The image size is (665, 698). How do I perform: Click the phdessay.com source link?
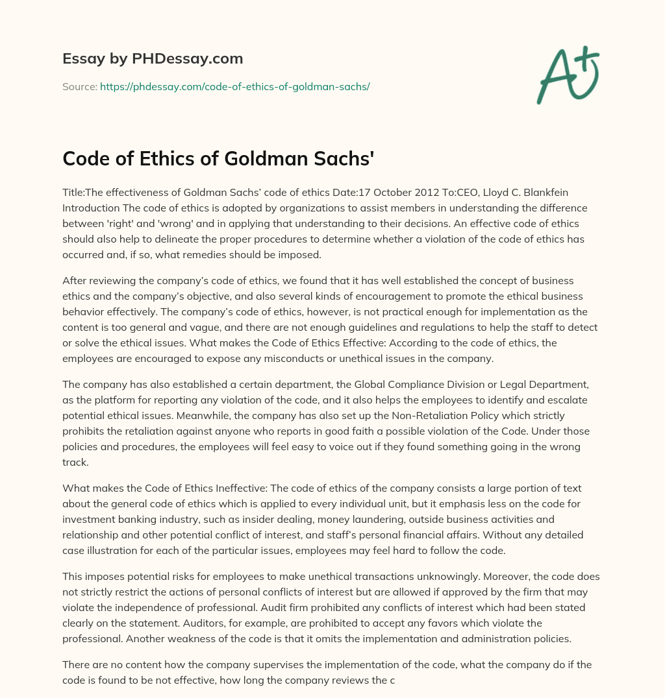click(234, 86)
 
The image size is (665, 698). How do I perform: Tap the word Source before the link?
click(79, 86)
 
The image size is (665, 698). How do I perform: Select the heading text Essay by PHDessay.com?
click(153, 58)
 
